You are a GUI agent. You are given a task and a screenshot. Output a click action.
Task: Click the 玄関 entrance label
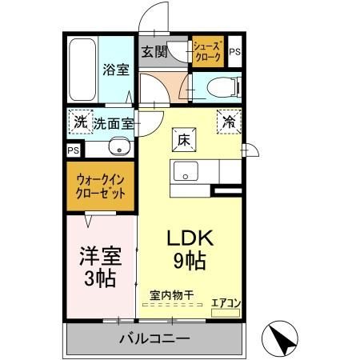tap(154, 53)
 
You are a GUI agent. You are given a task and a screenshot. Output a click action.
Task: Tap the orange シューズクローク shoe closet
tap(208, 54)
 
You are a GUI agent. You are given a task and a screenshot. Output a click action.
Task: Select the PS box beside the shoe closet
tap(234, 53)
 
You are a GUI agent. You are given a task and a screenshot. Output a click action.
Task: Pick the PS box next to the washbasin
tap(74, 150)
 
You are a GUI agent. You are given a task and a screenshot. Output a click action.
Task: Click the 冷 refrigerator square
tap(230, 122)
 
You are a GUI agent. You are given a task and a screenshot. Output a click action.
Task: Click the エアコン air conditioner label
tap(225, 302)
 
